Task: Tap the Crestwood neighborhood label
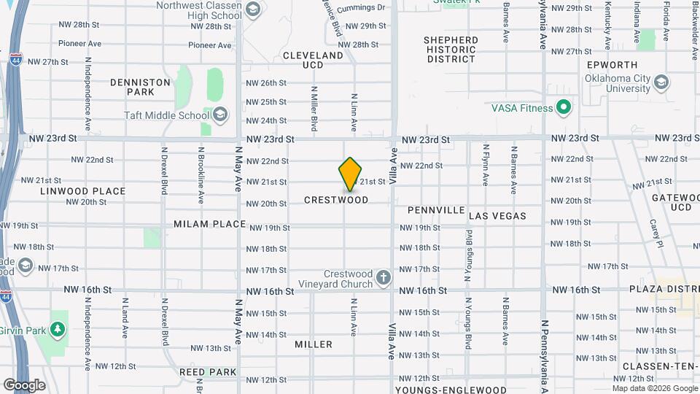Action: click(336, 200)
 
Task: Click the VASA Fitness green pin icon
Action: click(563, 109)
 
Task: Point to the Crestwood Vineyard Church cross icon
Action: click(384, 277)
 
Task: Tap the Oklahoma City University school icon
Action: click(661, 82)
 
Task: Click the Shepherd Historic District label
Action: click(451, 50)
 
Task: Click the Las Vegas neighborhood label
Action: click(497, 216)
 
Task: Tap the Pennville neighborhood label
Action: click(436, 210)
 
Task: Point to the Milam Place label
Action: click(210, 224)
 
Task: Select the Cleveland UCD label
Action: click(313, 55)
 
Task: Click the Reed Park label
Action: click(208, 372)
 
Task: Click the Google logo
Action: click(24, 385)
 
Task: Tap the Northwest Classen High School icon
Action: click(253, 9)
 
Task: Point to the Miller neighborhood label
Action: click(314, 344)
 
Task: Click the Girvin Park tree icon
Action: click(59, 320)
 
